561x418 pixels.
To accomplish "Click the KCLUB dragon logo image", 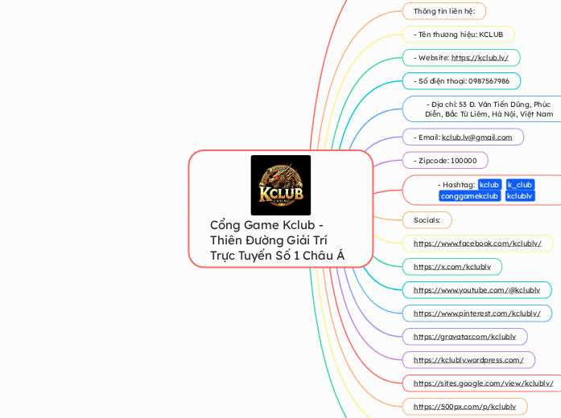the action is (x=280, y=185).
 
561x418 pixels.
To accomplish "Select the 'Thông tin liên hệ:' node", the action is (x=443, y=11).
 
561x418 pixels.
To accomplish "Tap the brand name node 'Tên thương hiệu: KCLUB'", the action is (x=458, y=35).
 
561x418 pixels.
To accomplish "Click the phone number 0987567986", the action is (x=461, y=81).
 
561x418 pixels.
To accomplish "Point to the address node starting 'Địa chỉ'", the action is (x=489, y=109).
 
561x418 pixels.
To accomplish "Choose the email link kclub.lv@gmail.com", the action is (x=476, y=137).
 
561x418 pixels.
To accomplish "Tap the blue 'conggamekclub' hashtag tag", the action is (x=469, y=196).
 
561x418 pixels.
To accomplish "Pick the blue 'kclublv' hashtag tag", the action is (x=519, y=196).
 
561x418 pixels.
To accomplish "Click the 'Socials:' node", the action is (x=427, y=219).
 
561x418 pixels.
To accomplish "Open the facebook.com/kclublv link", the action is (x=477, y=243).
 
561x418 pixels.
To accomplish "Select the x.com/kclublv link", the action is (x=452, y=266).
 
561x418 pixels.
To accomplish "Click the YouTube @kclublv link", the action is (x=476, y=289).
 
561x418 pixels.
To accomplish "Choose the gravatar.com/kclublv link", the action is (x=464, y=336).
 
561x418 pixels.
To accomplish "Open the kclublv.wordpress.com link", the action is (x=468, y=359).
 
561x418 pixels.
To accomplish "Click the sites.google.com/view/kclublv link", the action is (x=483, y=383).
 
